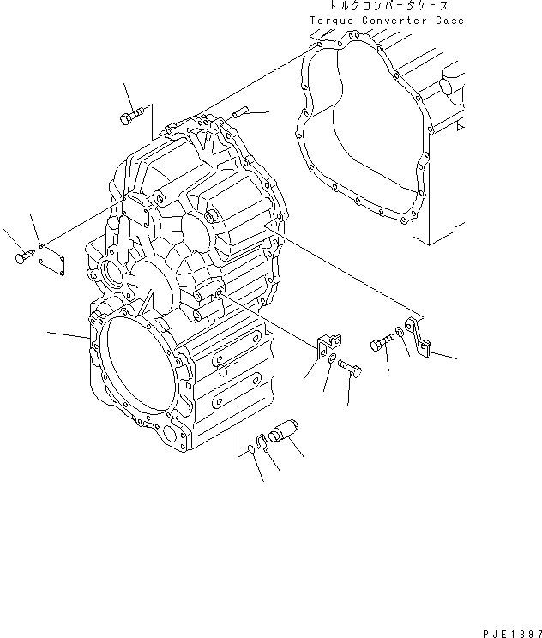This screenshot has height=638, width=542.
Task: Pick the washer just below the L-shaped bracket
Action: (332, 356)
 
